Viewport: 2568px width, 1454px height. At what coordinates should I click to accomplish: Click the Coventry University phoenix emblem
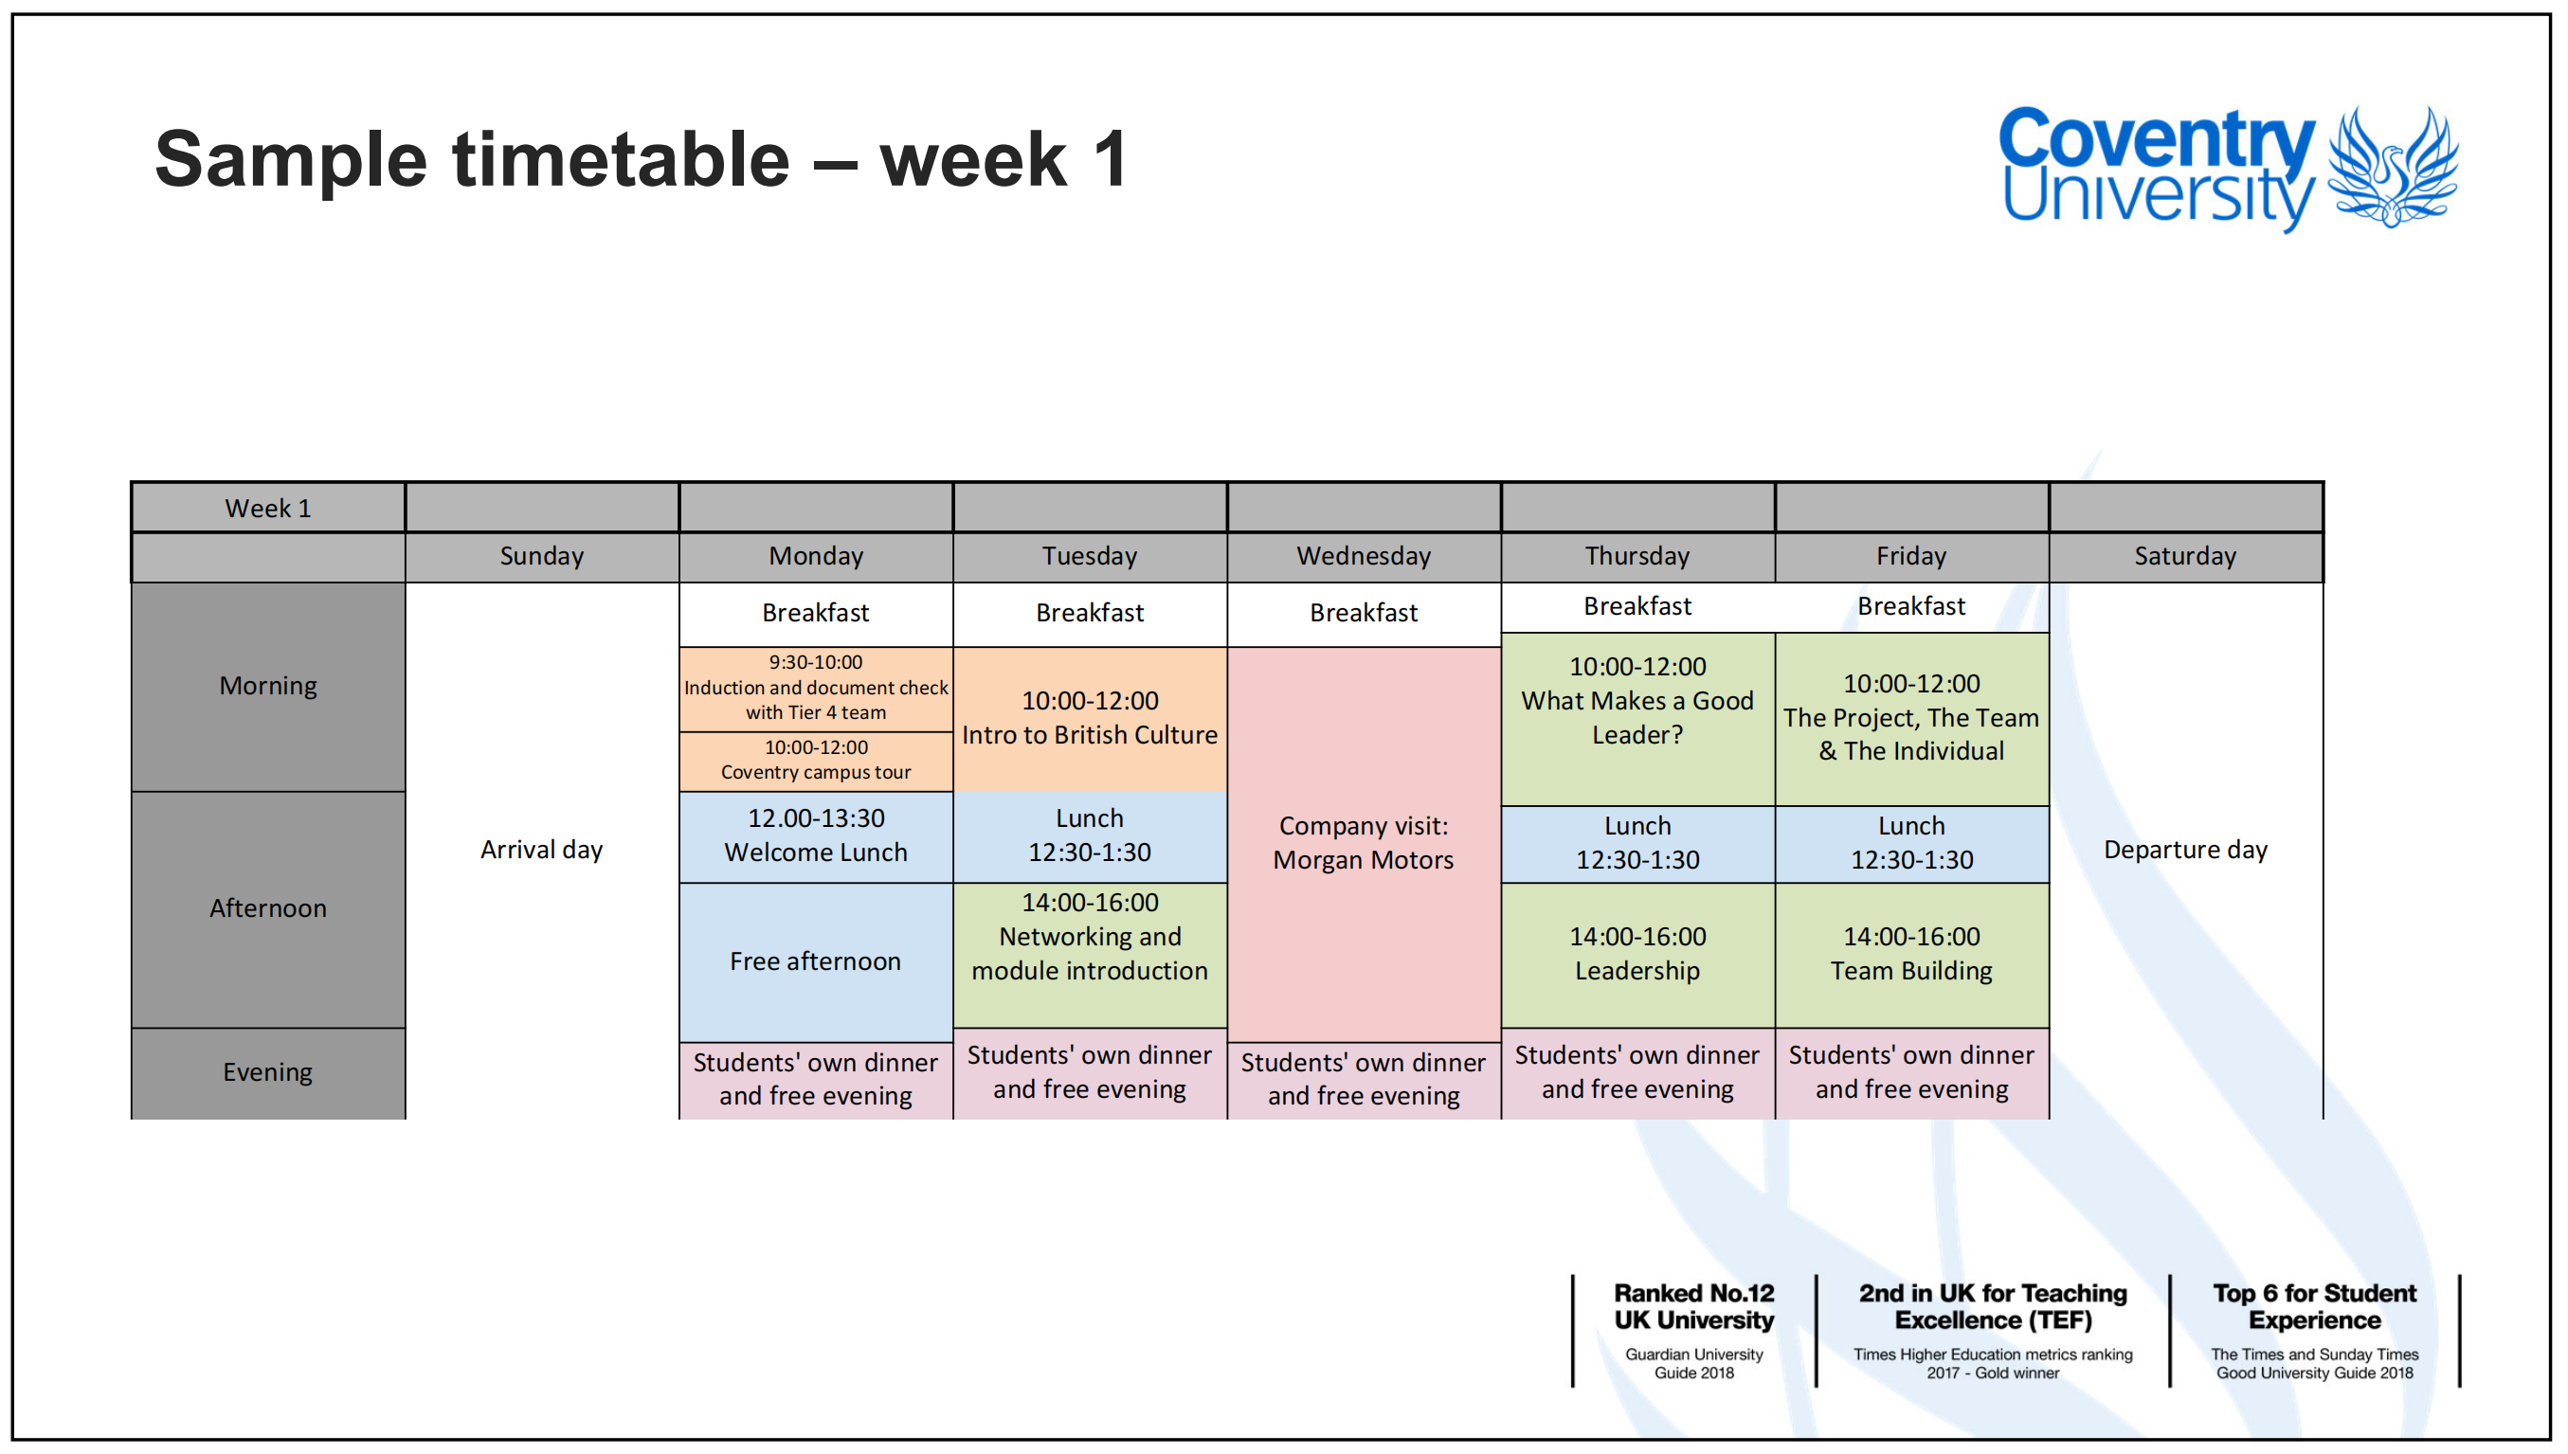(x=2394, y=168)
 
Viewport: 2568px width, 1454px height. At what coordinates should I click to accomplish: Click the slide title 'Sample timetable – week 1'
(x=642, y=159)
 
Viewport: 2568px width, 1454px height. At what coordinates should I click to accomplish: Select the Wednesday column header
(x=1364, y=556)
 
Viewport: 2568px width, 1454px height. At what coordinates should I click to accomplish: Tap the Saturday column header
(x=2185, y=556)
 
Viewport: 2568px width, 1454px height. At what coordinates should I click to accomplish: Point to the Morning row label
(x=267, y=686)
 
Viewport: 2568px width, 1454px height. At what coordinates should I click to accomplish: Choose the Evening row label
(x=267, y=1072)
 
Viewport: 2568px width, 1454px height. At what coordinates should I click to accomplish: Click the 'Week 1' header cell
(x=267, y=509)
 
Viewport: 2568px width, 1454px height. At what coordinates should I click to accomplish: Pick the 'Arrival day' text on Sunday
(x=541, y=850)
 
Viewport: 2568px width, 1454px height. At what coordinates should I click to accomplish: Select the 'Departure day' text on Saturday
(x=2185, y=850)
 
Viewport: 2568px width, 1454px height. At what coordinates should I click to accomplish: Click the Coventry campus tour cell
(x=816, y=760)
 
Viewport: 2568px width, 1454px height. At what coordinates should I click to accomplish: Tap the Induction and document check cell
(x=816, y=688)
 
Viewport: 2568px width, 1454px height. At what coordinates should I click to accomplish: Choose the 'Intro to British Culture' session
(x=1090, y=719)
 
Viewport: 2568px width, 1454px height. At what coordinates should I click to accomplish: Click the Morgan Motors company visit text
(x=1364, y=843)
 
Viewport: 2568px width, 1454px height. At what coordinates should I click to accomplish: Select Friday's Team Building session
(x=1911, y=955)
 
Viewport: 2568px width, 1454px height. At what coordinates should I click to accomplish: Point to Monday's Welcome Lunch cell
(x=816, y=835)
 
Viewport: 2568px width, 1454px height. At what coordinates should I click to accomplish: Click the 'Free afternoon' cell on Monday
(x=816, y=961)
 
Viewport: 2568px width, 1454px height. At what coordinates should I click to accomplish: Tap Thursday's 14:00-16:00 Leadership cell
(x=1638, y=955)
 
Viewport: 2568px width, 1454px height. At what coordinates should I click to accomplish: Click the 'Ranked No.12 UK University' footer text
(x=1694, y=1306)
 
